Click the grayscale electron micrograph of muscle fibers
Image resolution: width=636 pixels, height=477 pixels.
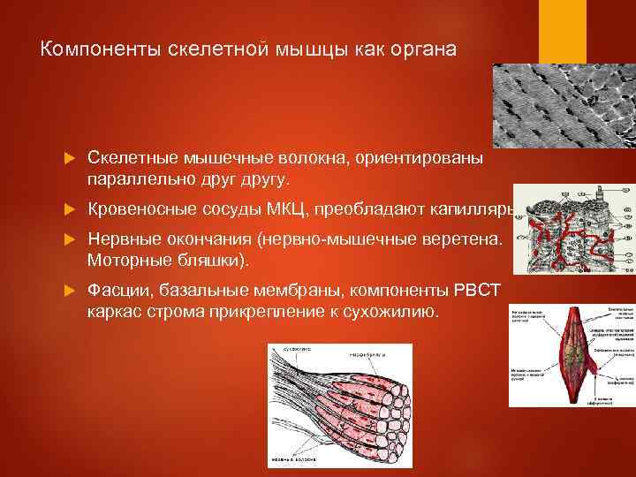pos(564,104)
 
